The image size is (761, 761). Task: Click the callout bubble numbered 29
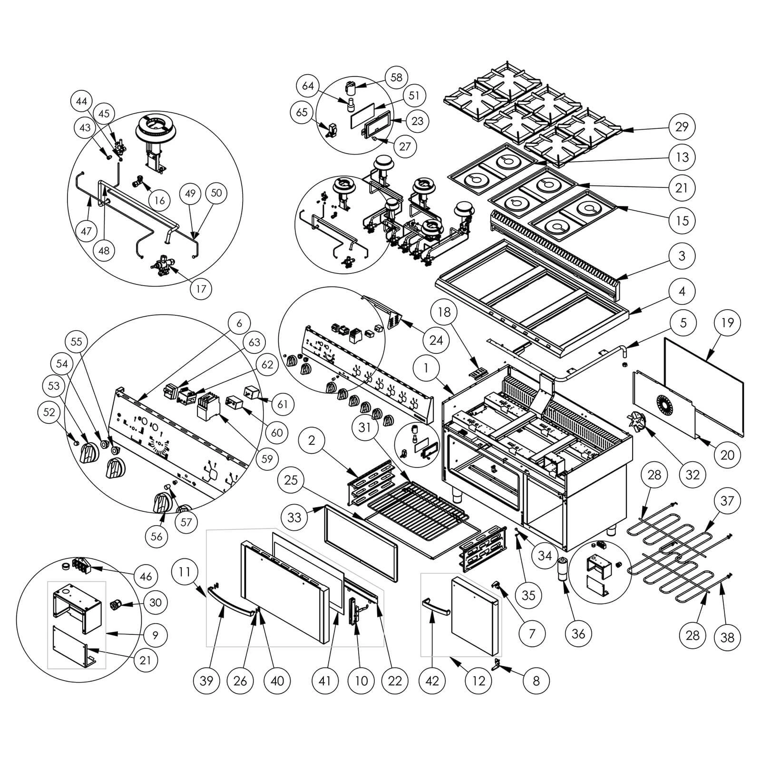682,127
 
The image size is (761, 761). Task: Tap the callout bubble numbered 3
682,255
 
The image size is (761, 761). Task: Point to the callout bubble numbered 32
693,474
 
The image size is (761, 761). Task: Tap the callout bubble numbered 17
201,289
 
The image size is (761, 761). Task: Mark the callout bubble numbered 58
396,78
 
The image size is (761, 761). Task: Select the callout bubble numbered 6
239,323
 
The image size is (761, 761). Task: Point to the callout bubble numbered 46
146,576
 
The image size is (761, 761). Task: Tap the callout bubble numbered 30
155,603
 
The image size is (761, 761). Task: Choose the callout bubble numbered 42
432,681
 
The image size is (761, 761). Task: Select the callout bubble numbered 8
536,681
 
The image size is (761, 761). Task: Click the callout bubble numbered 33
294,517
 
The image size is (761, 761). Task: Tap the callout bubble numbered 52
50,413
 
